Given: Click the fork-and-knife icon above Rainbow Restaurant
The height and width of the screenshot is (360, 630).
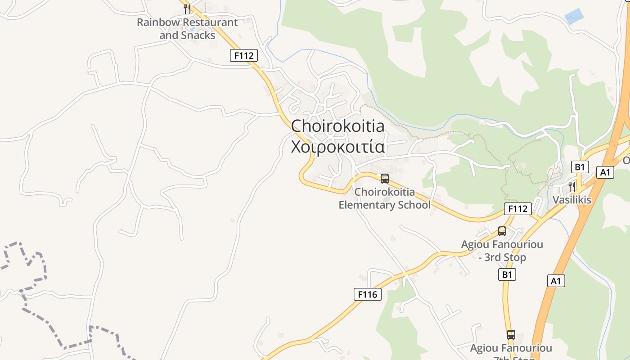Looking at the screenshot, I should (x=187, y=9).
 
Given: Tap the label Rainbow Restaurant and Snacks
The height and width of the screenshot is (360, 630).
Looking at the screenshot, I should (x=187, y=28).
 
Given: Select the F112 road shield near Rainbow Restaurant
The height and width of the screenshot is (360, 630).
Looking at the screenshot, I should (x=244, y=55).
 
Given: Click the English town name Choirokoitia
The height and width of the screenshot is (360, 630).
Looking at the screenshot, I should (x=337, y=126).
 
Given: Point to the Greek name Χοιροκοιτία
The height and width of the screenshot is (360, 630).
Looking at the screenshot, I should (x=337, y=147).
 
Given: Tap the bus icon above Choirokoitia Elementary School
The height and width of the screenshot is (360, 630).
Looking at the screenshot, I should (x=384, y=178).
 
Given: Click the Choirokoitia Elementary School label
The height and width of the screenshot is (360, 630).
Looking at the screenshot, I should (x=384, y=198).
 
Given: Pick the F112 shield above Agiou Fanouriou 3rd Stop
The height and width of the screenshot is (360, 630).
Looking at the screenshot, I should (x=517, y=209).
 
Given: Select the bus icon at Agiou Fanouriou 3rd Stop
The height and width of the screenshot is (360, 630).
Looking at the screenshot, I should (x=502, y=231).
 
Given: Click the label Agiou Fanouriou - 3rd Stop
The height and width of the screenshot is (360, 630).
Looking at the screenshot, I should (x=502, y=251).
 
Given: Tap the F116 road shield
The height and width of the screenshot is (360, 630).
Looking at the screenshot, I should (x=367, y=294).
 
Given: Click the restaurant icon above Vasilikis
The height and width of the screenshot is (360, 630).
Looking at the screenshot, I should (x=572, y=186).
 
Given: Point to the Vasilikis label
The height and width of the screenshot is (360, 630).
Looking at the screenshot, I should (x=572, y=199).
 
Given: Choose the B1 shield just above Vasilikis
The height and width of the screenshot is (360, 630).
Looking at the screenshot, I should (x=580, y=167).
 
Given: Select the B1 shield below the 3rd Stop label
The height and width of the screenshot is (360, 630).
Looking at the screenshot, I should (x=507, y=274).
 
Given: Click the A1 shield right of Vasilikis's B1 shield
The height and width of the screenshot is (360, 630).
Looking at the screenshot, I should (x=605, y=172).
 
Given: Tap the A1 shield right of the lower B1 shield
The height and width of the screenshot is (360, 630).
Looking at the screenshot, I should (x=556, y=281).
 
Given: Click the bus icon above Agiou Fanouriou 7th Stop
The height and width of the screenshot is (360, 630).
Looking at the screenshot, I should (x=511, y=335).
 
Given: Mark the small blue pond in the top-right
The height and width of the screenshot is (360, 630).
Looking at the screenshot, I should (x=574, y=17).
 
